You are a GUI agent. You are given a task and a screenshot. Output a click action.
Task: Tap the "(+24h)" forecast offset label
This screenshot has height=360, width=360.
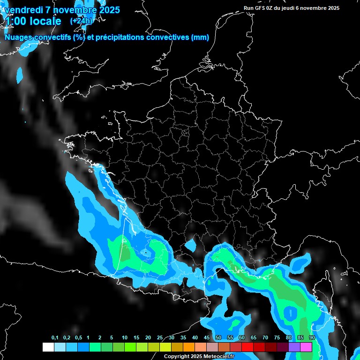(x=82, y=21)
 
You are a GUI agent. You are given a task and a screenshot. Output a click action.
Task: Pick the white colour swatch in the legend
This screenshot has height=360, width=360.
(x=48, y=347)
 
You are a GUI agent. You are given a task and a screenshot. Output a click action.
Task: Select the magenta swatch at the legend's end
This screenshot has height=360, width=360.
(x=306, y=347)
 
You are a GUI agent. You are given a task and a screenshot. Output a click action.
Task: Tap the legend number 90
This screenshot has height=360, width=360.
(x=312, y=337)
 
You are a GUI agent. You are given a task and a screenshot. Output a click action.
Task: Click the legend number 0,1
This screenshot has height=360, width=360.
(x=55, y=337)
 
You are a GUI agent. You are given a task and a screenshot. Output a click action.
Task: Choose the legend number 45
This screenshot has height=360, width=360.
(x=207, y=337)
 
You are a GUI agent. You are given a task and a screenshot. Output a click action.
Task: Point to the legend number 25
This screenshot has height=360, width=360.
(x=160, y=337)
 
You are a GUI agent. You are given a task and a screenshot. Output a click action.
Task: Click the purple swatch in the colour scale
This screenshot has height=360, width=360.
(x=294, y=347)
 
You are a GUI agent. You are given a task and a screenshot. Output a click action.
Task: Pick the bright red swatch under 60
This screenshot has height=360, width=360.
(x=247, y=347)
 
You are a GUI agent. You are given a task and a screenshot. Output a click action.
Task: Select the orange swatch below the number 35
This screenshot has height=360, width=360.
(x=189, y=347)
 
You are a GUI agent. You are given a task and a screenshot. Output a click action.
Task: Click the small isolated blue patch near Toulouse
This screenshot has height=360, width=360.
(x=190, y=245)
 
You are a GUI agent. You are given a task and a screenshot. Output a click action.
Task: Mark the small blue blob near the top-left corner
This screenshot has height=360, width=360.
(x=20, y=74)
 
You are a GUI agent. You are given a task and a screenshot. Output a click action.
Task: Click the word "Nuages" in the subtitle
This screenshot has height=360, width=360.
(x=18, y=37)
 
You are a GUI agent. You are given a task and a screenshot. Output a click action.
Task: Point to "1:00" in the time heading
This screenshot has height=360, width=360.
(x=15, y=21)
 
